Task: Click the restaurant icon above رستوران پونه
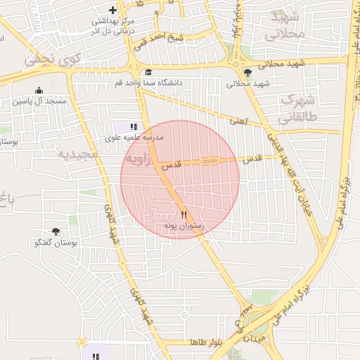tap(184, 214)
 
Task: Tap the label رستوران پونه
tap(183, 226)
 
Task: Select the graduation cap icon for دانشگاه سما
tap(148, 72)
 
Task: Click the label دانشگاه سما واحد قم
tap(149, 83)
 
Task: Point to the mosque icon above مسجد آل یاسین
tap(39, 90)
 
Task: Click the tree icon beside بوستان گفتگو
tap(56, 231)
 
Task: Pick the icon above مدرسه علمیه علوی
tap(134, 127)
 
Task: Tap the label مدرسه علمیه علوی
tap(134, 138)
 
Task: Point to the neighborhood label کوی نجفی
tap(53, 60)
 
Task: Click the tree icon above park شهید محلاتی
tap(246, 72)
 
